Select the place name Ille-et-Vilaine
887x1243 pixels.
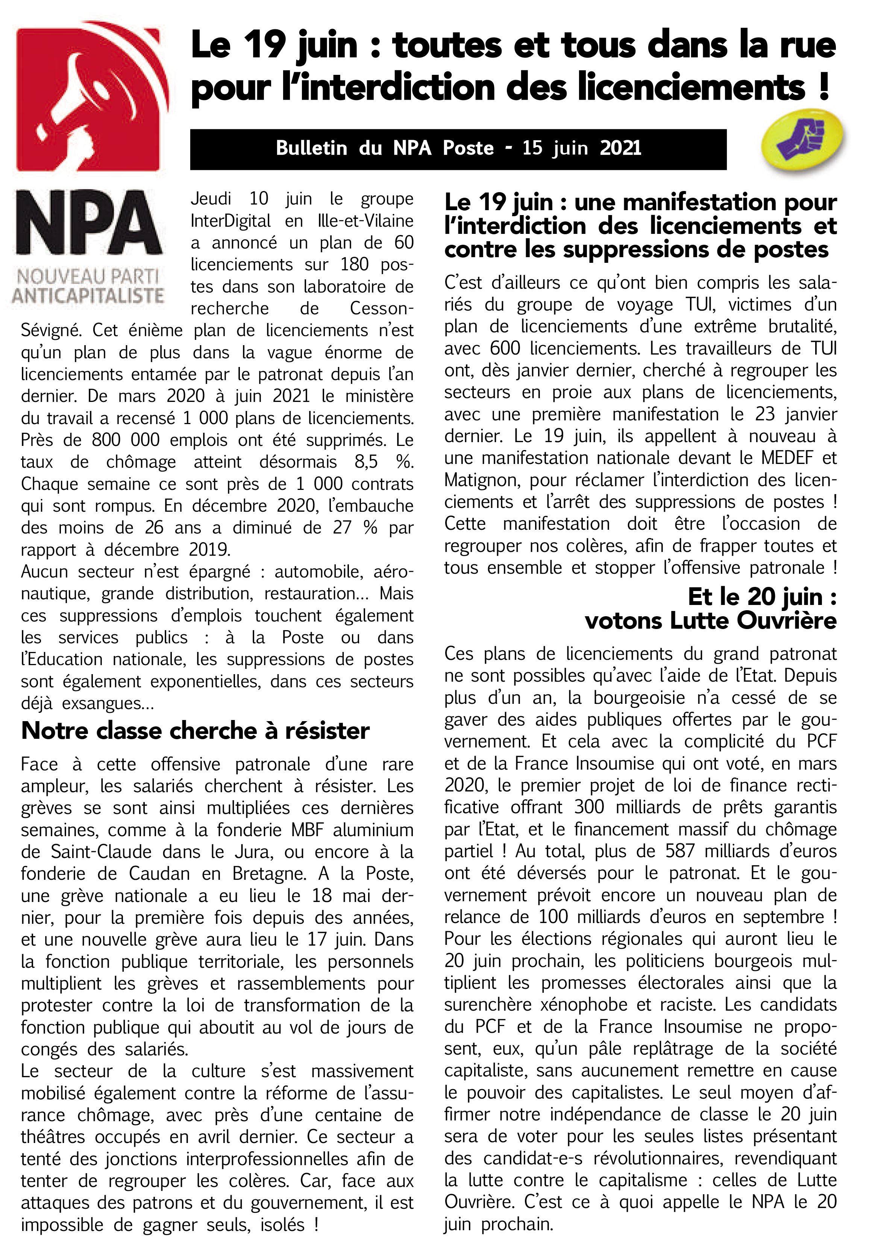pyautogui.click(x=365, y=221)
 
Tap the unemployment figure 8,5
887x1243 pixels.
pyautogui.click(x=366, y=462)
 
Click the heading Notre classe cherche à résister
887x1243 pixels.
pyautogui.click(x=195, y=731)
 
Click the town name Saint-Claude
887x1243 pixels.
pyautogui.click(x=101, y=852)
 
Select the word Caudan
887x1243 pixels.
pyautogui.click(x=159, y=874)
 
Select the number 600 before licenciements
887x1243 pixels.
pyautogui.click(x=505, y=349)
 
